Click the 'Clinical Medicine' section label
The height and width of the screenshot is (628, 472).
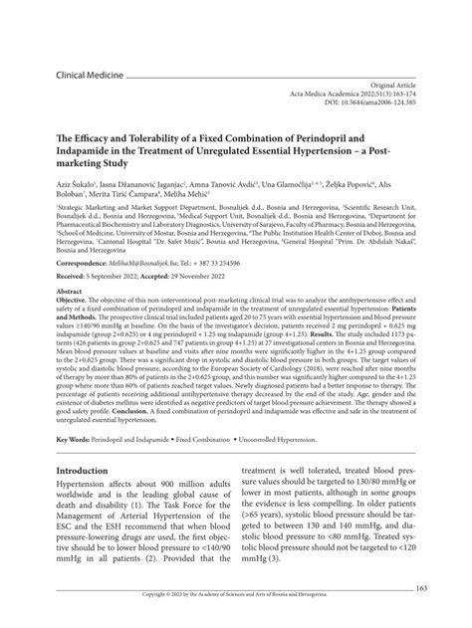point(90,76)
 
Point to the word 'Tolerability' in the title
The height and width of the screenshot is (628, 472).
point(146,131)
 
